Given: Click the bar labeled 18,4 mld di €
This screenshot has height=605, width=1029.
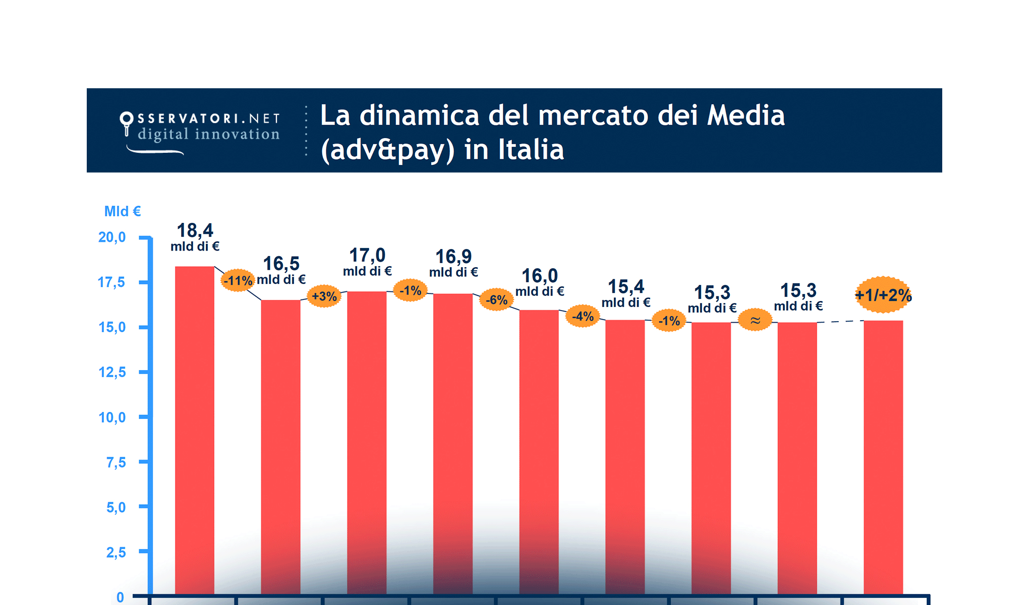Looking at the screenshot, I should (x=195, y=429).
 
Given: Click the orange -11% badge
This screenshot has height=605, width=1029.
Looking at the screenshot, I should (x=238, y=280).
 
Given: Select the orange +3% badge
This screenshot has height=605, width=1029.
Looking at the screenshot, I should (x=324, y=296).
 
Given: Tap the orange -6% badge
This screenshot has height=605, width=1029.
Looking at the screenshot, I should (x=496, y=300).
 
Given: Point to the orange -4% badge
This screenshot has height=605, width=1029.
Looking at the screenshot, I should (x=583, y=316).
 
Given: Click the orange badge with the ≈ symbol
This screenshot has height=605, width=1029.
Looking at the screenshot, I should (x=755, y=320).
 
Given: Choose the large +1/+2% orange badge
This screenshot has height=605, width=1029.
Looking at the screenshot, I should (x=883, y=295).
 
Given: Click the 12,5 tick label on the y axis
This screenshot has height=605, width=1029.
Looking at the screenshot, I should (x=111, y=372).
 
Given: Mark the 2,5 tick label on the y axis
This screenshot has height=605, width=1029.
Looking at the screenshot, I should (x=116, y=552).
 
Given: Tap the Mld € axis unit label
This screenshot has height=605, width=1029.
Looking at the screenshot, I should (x=122, y=211).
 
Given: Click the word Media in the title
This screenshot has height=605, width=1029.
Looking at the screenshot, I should (x=746, y=115).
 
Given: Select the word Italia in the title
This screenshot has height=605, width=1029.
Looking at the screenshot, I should (x=531, y=150).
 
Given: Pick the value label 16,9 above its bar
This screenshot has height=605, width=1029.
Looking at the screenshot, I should (x=453, y=257).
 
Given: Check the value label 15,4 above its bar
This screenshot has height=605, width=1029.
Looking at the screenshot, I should (x=625, y=287).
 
